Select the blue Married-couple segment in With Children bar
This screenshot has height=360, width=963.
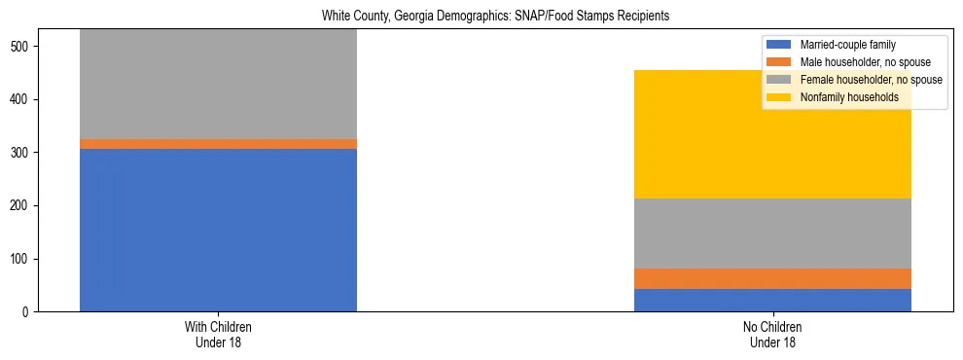pyautogui.click(x=218, y=230)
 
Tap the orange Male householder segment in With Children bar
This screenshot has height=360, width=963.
pyautogui.click(x=218, y=144)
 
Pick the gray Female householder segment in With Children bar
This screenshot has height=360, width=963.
pyautogui.click(x=218, y=85)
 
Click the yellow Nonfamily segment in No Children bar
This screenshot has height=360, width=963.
pyautogui.click(x=772, y=134)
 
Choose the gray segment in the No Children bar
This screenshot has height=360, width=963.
pyautogui.click(x=772, y=234)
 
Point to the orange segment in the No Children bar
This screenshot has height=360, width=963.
pyautogui.click(x=772, y=278)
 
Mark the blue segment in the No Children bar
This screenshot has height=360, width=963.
pyautogui.click(x=772, y=300)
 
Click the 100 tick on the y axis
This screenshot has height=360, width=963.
pyautogui.click(x=23, y=259)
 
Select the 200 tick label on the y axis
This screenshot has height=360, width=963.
pyautogui.click(x=23, y=206)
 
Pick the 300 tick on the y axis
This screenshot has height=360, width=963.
pyautogui.click(x=23, y=153)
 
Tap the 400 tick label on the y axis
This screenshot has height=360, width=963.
pyautogui.click(x=23, y=100)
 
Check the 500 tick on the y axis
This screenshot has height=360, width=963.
pyautogui.click(x=23, y=47)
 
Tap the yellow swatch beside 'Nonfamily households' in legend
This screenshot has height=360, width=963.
pyautogui.click(x=779, y=97)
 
